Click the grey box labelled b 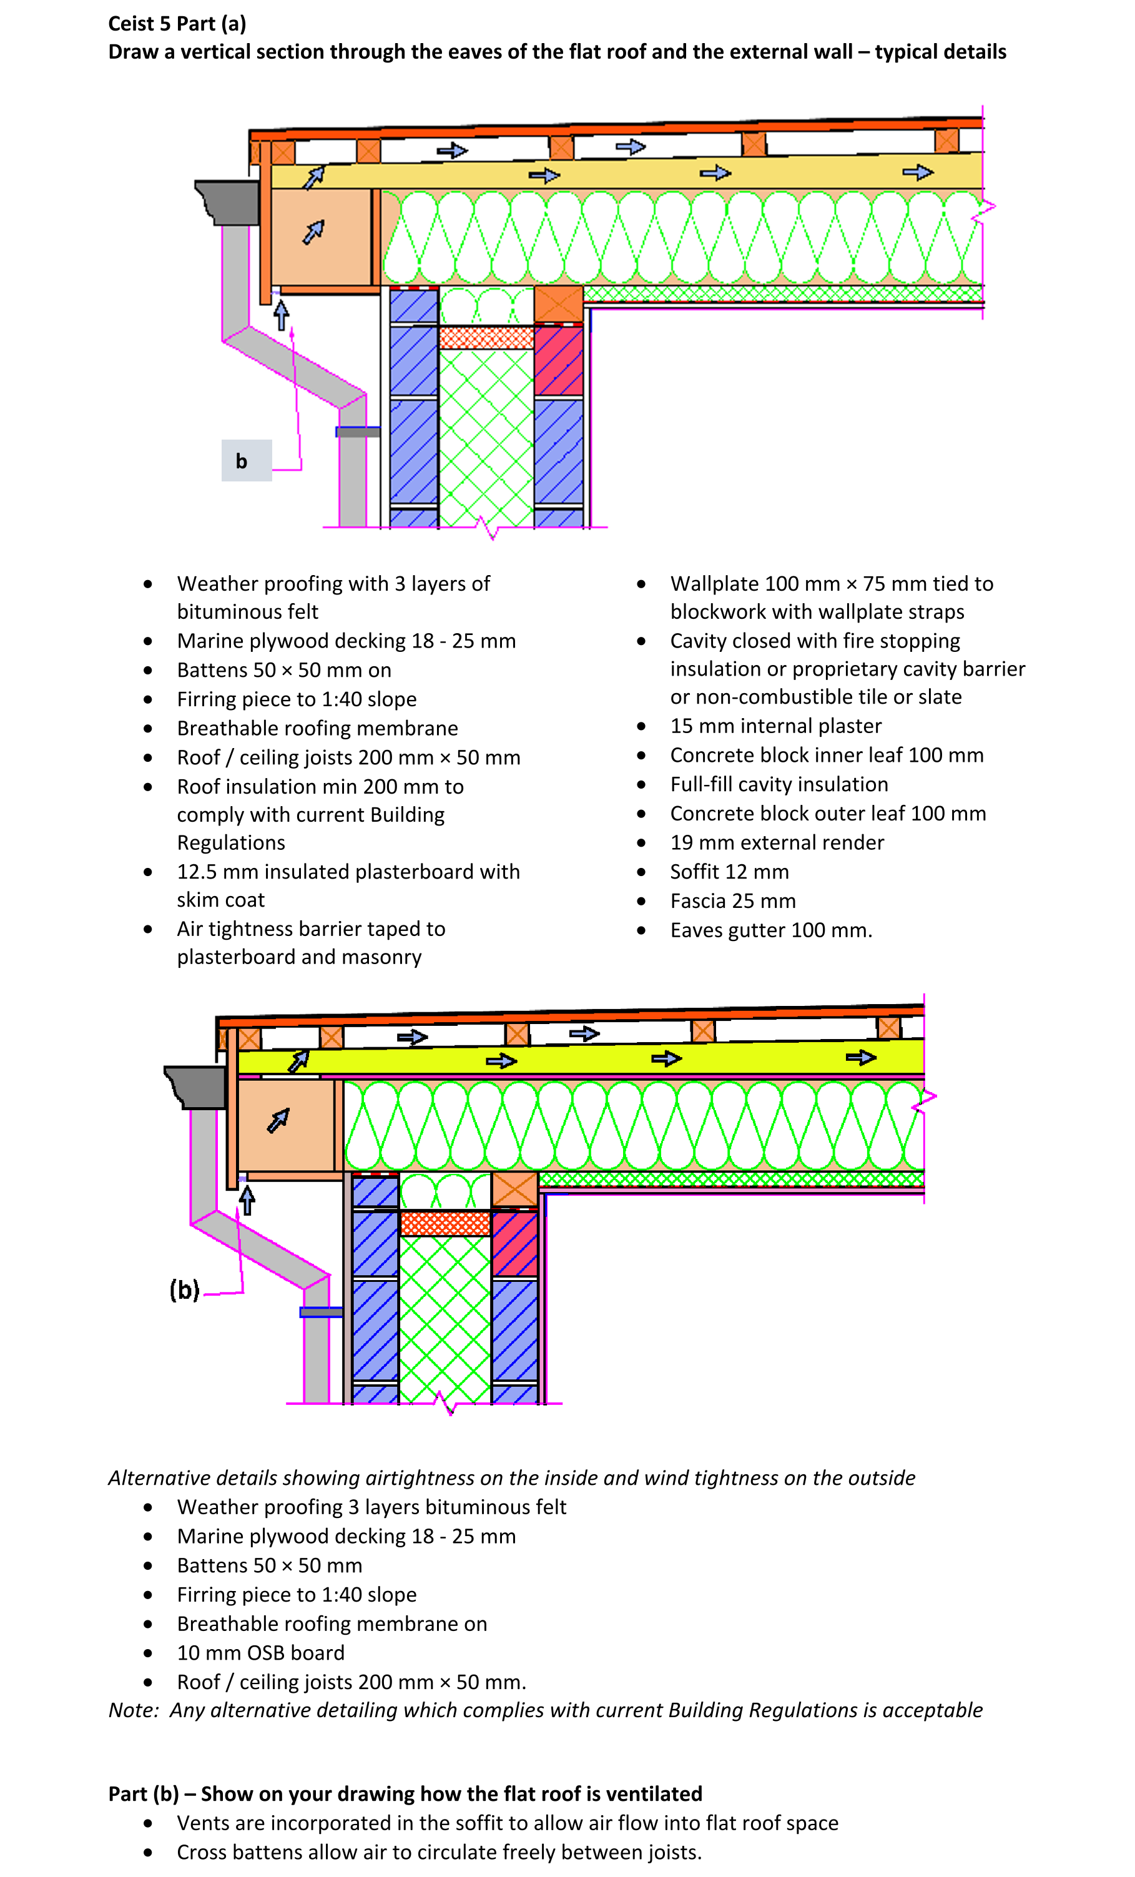(x=246, y=460)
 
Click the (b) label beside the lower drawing (x=184, y=1289)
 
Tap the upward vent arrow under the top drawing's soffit (x=281, y=314)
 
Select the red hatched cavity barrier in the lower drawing (x=445, y=1223)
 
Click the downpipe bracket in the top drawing (x=357, y=432)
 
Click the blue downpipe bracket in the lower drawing (x=321, y=1312)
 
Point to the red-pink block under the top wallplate (x=558, y=360)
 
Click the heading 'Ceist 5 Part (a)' (x=177, y=24)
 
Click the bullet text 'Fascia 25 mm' (x=732, y=900)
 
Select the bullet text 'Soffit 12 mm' (x=729, y=872)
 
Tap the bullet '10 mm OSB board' (x=260, y=1652)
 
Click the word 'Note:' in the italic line (x=134, y=1710)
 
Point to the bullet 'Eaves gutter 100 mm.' (x=771, y=930)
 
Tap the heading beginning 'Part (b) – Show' (x=405, y=1793)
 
